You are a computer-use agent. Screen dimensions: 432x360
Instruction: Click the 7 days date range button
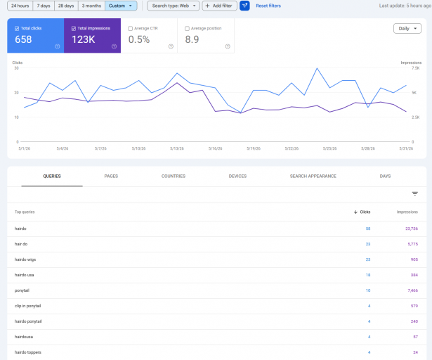point(44,6)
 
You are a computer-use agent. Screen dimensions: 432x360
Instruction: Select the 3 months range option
point(91,6)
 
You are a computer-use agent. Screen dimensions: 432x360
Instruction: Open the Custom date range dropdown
point(121,6)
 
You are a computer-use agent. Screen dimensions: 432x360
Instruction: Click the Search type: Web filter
point(173,6)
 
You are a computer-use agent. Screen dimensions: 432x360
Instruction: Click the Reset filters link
point(268,6)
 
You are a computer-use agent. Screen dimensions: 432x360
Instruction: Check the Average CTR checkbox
point(131,28)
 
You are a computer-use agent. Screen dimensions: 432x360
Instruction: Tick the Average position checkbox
point(187,28)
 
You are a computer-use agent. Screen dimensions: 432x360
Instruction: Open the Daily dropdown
point(407,28)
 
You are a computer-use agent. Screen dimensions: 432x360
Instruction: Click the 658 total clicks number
point(23,39)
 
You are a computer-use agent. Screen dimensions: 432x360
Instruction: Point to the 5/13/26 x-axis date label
point(177,148)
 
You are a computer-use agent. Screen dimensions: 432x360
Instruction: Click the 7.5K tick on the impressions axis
point(415,68)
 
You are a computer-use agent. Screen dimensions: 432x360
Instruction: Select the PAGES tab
point(111,176)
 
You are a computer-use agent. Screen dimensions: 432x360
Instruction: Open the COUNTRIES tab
point(174,176)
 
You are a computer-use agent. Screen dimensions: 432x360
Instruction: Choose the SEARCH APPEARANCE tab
point(313,176)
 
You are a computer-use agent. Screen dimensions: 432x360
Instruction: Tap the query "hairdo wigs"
point(25,259)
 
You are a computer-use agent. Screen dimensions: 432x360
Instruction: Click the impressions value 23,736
point(412,229)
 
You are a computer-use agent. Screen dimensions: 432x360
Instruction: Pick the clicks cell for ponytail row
point(368,290)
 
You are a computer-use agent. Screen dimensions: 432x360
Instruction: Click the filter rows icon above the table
point(415,193)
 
